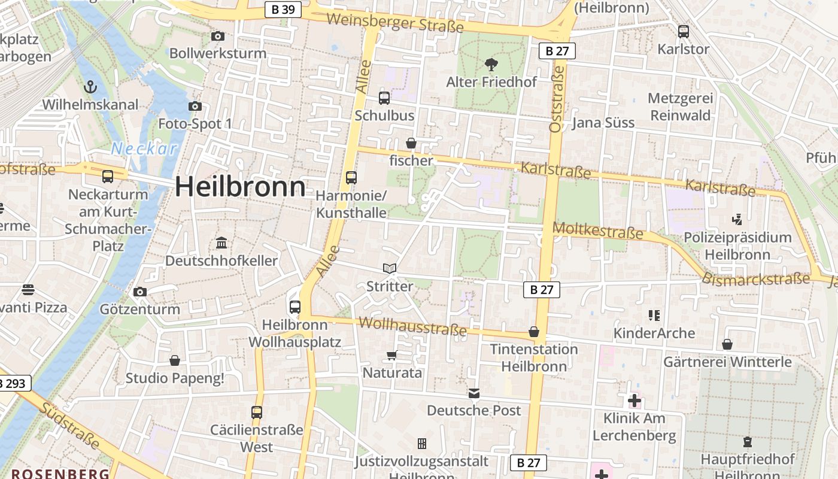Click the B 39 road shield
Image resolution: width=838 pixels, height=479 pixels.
[x=283, y=10]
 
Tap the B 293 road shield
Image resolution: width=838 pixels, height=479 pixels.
[x=13, y=383]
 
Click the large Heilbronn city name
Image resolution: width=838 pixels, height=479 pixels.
[x=240, y=187]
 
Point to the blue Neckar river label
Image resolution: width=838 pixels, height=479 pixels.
[x=145, y=149]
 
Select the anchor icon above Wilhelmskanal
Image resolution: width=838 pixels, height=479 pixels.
[x=90, y=87]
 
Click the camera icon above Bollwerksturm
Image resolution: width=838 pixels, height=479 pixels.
[x=218, y=37]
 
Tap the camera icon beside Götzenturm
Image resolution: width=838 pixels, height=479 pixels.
[x=140, y=292]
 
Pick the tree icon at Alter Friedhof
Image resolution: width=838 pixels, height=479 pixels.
[x=491, y=63]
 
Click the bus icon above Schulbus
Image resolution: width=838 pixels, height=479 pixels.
[x=384, y=98]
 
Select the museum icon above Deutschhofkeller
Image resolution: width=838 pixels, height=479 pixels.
[x=221, y=243]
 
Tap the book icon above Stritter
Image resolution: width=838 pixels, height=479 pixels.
[x=390, y=269]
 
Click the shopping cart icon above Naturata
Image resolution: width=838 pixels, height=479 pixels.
[x=392, y=356]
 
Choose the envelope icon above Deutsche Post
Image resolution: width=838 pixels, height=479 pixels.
[x=474, y=393]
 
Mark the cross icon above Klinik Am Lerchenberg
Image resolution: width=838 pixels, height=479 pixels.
[x=634, y=401]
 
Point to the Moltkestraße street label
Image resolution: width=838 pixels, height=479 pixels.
[x=597, y=230]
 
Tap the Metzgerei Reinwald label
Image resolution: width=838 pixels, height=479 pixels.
[x=681, y=107]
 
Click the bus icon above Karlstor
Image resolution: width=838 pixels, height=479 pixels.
[x=683, y=32]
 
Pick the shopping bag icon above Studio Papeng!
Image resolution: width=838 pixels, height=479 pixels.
[x=175, y=360]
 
